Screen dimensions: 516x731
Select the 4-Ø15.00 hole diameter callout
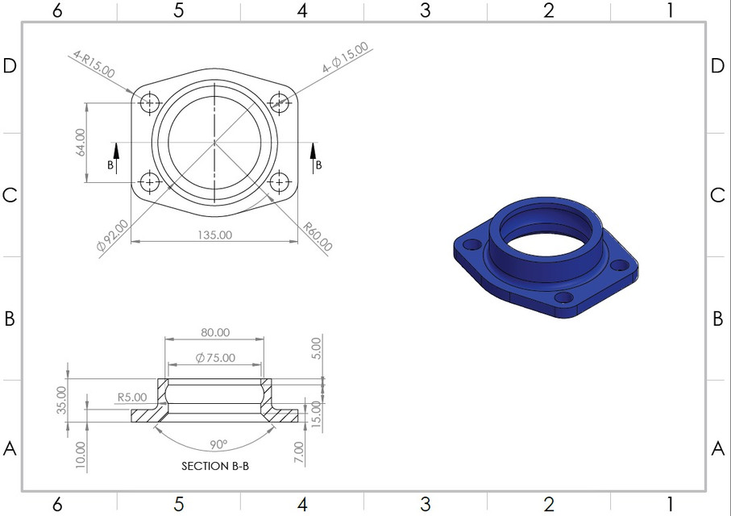point(345,58)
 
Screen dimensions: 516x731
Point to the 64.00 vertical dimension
point(80,143)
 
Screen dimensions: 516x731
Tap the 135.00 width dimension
point(214,235)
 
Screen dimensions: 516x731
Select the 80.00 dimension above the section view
point(214,332)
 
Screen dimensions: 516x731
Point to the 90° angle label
point(218,444)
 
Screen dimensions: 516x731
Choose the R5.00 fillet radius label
point(132,397)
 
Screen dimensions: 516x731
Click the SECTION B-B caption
point(214,466)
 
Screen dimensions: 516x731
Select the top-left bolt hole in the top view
point(149,102)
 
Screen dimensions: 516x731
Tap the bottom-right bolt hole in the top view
point(280,181)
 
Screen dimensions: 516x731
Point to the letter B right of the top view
point(318,165)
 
